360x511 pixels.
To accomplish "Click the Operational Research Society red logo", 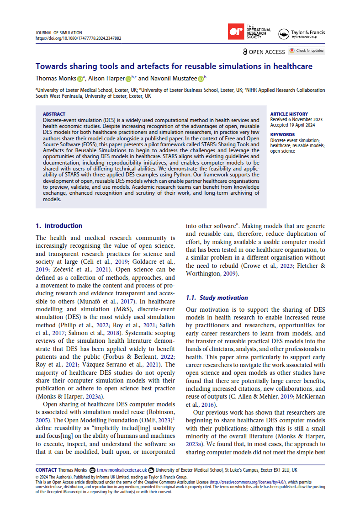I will click(x=236, y=32).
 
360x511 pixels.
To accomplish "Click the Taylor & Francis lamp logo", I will click(x=284, y=34).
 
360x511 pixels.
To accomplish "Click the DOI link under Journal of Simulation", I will click(x=78, y=38).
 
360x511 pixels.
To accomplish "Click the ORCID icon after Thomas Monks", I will click(x=80, y=79).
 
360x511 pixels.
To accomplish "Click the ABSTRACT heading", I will click(x=54, y=114).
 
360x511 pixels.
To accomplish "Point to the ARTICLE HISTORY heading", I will click(x=289, y=114).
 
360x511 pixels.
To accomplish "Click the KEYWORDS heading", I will click(x=282, y=134).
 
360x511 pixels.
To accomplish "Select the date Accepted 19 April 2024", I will click(x=293, y=125).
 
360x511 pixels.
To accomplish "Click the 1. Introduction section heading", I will click(x=59, y=226).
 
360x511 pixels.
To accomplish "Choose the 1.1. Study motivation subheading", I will click(x=217, y=298).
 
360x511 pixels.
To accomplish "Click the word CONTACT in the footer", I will click(x=46, y=470).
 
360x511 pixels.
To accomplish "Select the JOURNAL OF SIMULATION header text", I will click(x=58, y=33).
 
